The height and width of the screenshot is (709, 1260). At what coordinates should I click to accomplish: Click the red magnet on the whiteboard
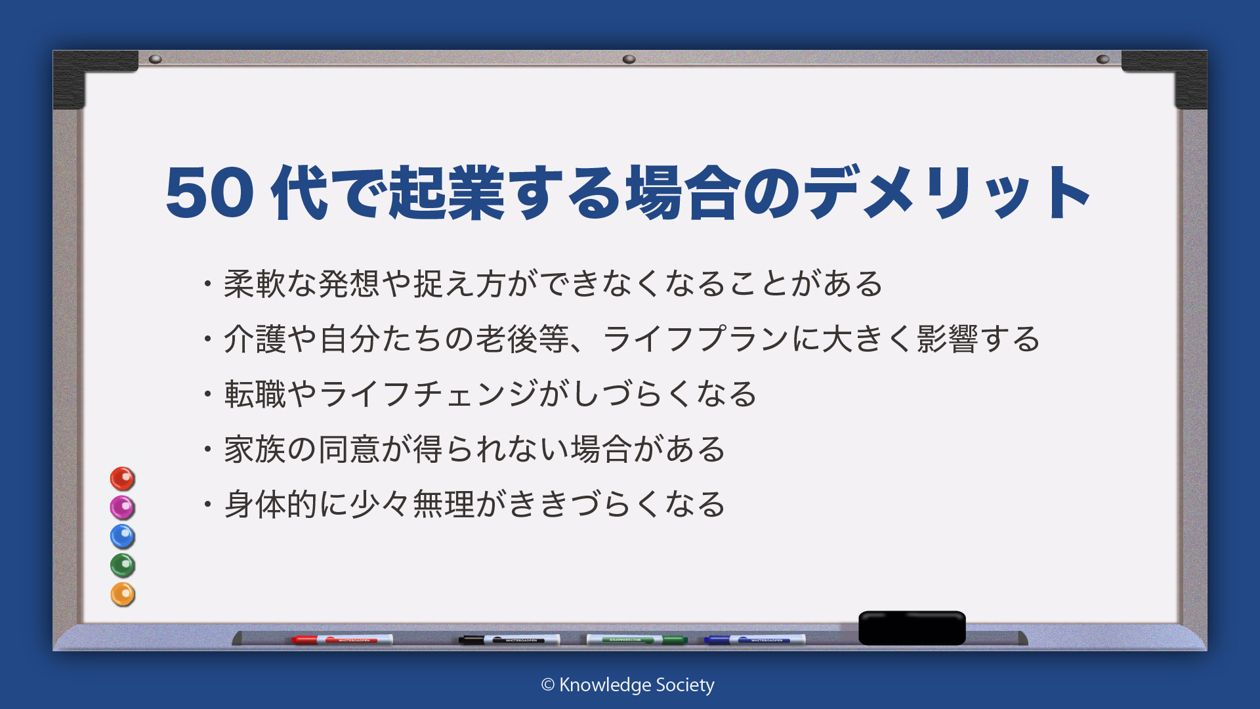click(x=122, y=479)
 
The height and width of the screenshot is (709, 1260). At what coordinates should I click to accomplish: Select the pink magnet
click(x=122, y=507)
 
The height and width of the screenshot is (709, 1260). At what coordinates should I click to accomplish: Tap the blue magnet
click(x=122, y=536)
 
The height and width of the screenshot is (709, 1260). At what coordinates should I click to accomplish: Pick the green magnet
click(x=122, y=565)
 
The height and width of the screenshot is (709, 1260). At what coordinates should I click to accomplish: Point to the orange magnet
click(x=122, y=594)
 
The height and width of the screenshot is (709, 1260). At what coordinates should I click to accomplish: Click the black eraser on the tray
click(x=912, y=628)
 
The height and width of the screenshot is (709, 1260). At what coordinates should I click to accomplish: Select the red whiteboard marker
click(x=342, y=639)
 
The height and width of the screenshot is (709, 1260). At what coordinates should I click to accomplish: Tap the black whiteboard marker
click(x=509, y=639)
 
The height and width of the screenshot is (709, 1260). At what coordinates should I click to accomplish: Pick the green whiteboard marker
click(x=637, y=639)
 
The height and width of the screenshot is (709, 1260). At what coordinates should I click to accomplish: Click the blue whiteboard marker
click(x=755, y=639)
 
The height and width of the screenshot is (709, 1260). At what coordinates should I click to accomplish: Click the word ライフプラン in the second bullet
click(x=695, y=339)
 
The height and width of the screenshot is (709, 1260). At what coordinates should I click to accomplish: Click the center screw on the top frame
click(x=629, y=59)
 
